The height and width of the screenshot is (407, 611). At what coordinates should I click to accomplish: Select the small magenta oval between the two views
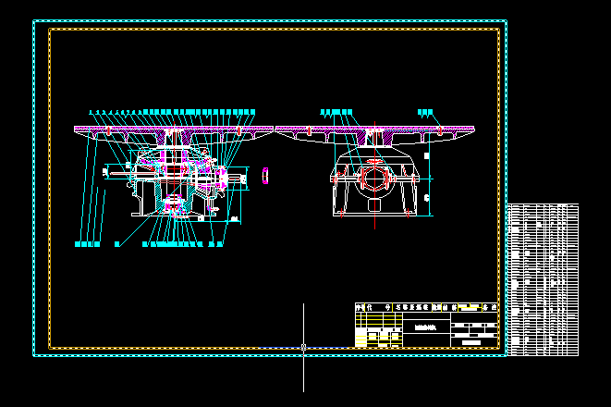coord(265,174)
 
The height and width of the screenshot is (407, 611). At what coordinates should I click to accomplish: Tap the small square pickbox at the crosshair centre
coord(304,348)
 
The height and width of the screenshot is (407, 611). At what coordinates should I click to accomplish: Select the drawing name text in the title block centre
coord(426,327)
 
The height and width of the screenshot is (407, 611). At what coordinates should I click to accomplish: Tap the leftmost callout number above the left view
coord(91,112)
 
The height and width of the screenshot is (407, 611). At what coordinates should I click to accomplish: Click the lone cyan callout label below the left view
coord(117,244)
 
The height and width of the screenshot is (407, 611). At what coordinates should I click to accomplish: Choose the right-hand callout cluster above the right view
coord(425,112)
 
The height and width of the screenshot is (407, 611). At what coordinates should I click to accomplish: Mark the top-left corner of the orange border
coord(50,30)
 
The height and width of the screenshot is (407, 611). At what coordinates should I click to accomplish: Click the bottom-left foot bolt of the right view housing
coord(340,213)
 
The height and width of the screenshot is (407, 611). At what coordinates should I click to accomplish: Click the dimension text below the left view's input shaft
coord(234,219)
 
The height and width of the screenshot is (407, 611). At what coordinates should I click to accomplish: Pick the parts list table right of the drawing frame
coord(544,278)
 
